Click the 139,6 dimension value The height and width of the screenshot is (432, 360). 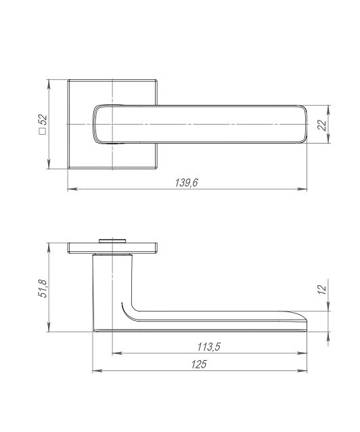tap(187, 182)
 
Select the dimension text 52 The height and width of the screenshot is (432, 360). tap(43, 121)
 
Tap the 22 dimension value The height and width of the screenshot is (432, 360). tap(321, 125)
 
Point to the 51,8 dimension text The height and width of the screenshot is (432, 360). tap(43, 288)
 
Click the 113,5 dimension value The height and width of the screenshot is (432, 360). tap(208, 347)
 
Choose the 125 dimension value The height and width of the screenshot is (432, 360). tap(198, 364)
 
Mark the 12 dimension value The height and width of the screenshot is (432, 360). tap(321, 289)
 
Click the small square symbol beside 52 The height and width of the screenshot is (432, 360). tap(43, 131)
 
